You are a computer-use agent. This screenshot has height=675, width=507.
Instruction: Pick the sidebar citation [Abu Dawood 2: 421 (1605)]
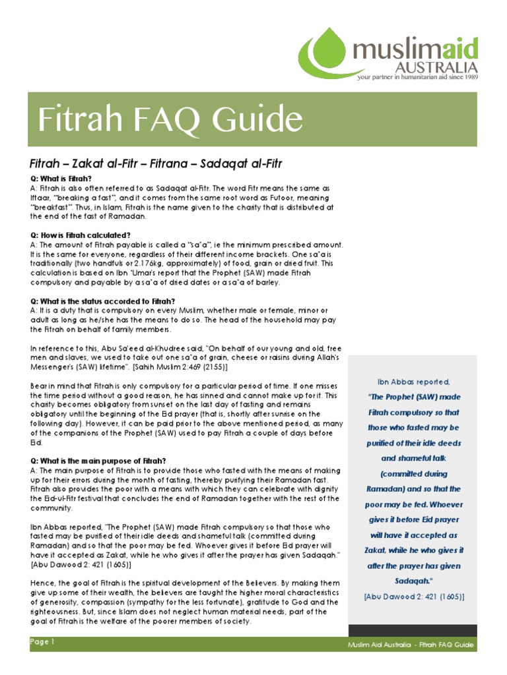[x=414, y=597]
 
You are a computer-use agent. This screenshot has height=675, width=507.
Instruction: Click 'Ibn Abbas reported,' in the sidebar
[x=414, y=382]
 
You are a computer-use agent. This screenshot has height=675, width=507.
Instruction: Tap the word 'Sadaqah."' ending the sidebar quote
[x=414, y=581]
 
